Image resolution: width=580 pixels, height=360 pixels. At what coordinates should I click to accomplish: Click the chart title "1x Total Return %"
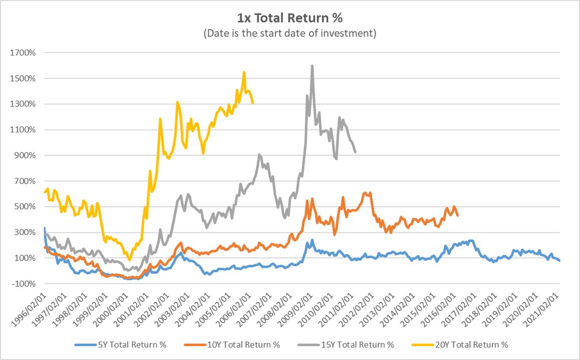point(290,19)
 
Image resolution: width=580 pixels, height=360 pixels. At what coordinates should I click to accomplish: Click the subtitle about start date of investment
point(290,34)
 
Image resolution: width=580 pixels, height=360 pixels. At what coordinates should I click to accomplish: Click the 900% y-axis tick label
point(27,155)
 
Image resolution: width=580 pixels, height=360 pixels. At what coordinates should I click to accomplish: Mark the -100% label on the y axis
point(26,284)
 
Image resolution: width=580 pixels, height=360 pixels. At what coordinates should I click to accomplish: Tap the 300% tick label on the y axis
point(27,232)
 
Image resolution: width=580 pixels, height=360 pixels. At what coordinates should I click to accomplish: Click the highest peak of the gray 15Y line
point(312,66)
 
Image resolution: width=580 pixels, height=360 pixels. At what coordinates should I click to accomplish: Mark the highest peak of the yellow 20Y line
point(244,72)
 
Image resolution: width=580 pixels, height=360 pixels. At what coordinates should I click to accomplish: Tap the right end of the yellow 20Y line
point(253,103)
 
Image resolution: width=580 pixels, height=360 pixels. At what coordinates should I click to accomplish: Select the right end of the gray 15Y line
point(355,151)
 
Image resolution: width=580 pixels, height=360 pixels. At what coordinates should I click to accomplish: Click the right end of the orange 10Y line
point(458,216)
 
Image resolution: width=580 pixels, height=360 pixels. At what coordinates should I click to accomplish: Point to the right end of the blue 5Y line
point(560,260)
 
